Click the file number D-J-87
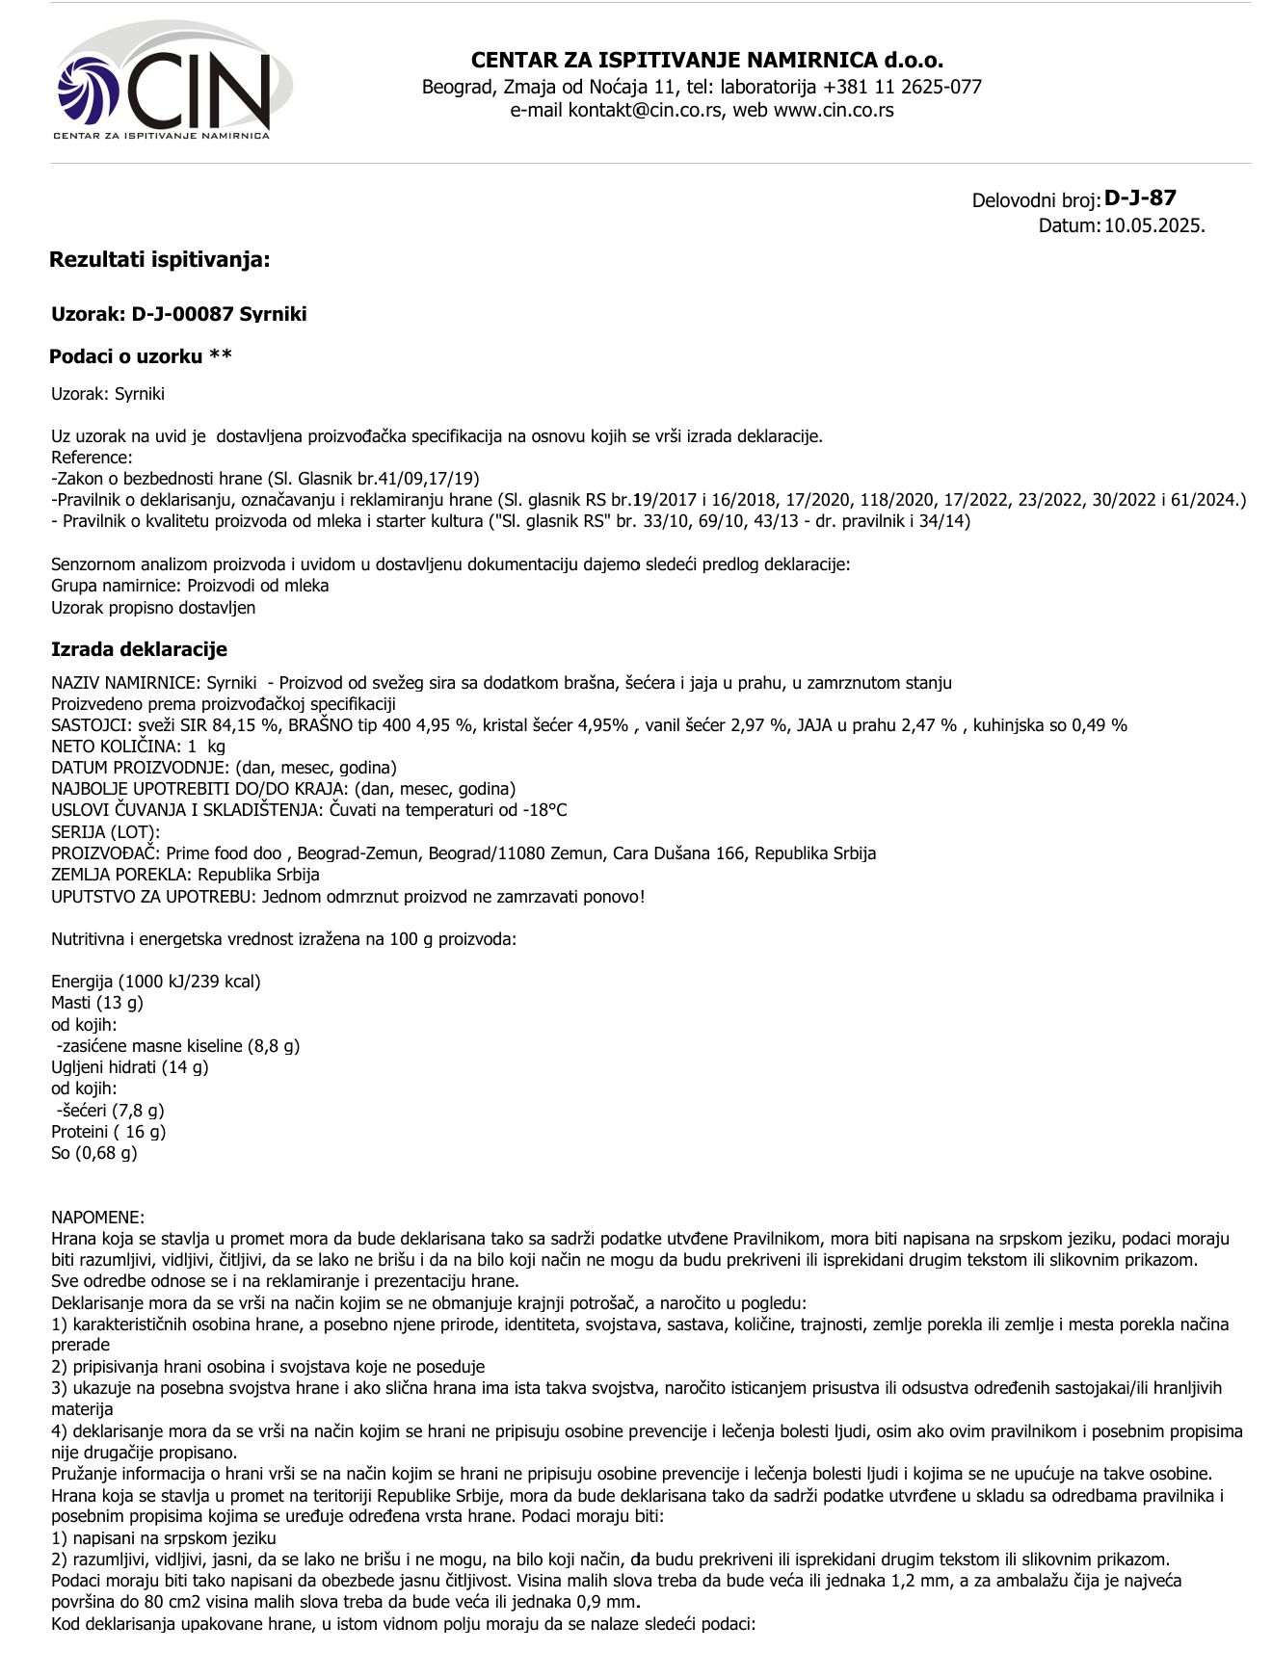point(1140,198)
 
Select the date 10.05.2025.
point(1154,226)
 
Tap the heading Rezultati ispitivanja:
point(160,260)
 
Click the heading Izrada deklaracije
point(139,650)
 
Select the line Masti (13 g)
point(97,1004)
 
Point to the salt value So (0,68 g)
point(94,1153)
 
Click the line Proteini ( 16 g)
point(109,1132)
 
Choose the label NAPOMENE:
point(97,1218)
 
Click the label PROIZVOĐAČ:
point(106,853)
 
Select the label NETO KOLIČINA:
point(116,747)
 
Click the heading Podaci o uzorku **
point(141,357)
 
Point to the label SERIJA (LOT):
point(105,832)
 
